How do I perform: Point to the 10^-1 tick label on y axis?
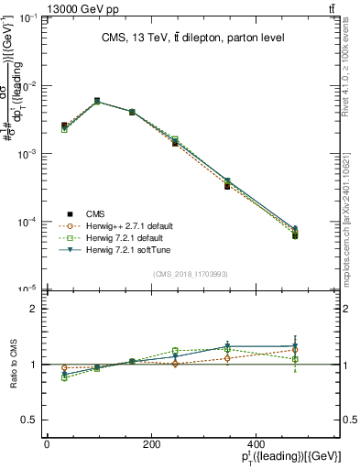tap(27, 18)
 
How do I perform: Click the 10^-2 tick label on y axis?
tap(27, 86)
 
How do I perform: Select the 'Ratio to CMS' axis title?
tap(12, 365)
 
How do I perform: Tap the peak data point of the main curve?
tap(97, 101)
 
